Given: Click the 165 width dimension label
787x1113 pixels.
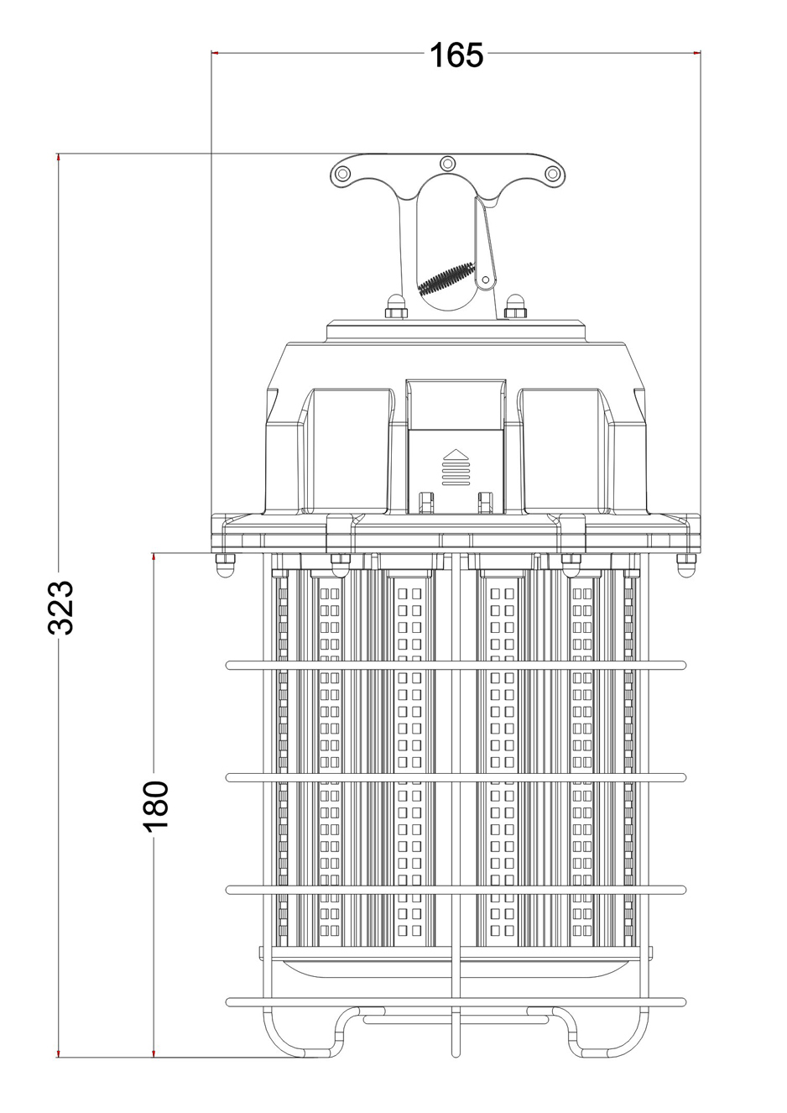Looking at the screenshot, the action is click(x=456, y=55).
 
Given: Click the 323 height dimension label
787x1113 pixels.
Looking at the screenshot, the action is click(x=60, y=607).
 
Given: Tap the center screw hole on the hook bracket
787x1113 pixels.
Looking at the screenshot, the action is click(x=448, y=163).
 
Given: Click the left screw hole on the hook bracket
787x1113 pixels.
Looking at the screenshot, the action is click(x=342, y=174).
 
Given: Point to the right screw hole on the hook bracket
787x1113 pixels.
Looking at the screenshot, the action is click(x=552, y=174).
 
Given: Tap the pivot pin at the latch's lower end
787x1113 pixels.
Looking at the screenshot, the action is click(x=485, y=279).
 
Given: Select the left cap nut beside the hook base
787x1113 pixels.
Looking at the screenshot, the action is click(x=396, y=306).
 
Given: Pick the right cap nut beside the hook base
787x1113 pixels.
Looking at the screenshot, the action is click(x=514, y=306).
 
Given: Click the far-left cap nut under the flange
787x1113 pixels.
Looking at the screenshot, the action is click(x=224, y=564).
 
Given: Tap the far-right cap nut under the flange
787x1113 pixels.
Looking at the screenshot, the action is click(x=686, y=564).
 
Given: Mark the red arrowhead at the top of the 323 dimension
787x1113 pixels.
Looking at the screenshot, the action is click(x=59, y=157).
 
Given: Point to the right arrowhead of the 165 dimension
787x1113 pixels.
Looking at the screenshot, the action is click(x=696, y=52).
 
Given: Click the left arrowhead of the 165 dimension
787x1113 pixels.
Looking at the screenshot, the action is click(x=215, y=52).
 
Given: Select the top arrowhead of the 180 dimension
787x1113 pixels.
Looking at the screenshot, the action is click(x=154, y=557).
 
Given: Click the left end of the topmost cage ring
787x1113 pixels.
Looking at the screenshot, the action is click(x=229, y=665).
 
